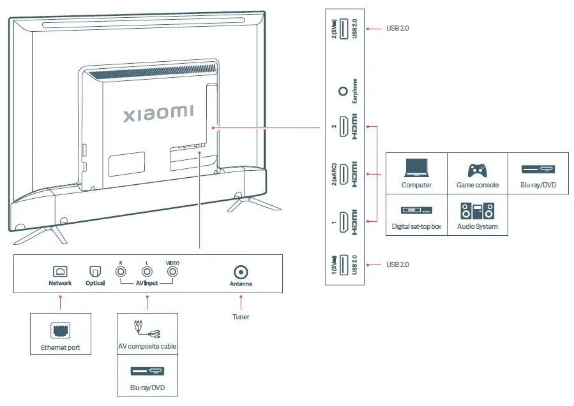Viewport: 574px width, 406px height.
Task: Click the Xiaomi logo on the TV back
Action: pyautogui.click(x=158, y=113)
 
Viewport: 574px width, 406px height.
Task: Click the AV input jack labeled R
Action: pyautogui.click(x=121, y=271)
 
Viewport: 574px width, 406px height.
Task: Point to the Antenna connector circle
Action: pyautogui.click(x=241, y=272)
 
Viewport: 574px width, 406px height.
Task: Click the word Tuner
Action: pyautogui.click(x=241, y=317)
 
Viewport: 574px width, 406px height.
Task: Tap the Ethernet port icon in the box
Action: pyautogui.click(x=60, y=330)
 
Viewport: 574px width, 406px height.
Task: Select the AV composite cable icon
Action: pyautogui.click(x=147, y=330)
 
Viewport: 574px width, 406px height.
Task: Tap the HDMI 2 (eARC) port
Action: pyautogui.click(x=344, y=174)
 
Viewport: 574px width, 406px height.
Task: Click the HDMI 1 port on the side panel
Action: pyautogui.click(x=344, y=221)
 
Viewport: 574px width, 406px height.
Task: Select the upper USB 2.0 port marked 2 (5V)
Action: pyautogui.click(x=344, y=29)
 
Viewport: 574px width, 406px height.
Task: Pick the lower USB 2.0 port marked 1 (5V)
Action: pyautogui.click(x=344, y=265)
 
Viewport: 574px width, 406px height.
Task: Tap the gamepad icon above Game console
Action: pyautogui.click(x=477, y=170)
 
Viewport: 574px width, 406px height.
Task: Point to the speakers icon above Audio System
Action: pyautogui.click(x=477, y=211)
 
